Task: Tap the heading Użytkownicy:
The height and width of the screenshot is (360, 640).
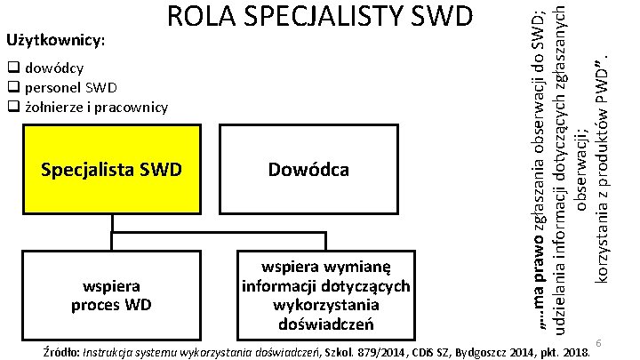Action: click(x=55, y=42)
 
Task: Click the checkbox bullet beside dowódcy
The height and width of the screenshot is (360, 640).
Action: click(x=13, y=68)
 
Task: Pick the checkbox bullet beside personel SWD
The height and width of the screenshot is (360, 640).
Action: click(x=13, y=87)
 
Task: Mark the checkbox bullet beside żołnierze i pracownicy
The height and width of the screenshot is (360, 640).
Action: click(x=13, y=108)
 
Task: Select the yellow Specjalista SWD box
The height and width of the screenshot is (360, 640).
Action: click(x=112, y=169)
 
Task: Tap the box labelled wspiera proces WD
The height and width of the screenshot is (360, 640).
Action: click(x=112, y=294)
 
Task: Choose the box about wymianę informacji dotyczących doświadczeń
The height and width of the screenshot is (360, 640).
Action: click(x=325, y=294)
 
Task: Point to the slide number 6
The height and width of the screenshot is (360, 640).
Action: click(x=600, y=343)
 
